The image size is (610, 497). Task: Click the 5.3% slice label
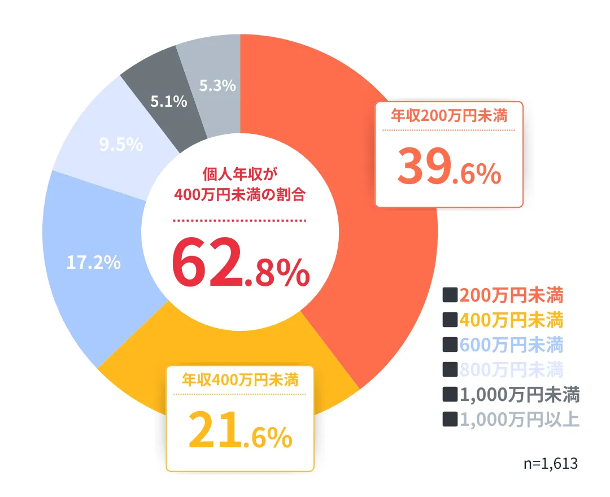(217, 86)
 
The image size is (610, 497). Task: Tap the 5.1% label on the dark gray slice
(168, 102)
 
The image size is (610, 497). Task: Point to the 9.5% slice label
(121, 145)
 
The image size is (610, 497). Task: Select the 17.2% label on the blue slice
(94, 262)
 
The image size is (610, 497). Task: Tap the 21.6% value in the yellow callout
(240, 432)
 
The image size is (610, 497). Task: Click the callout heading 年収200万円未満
(449, 116)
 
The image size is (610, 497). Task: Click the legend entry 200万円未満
(511, 295)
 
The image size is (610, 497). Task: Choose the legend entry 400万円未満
(511, 320)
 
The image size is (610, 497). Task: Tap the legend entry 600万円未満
(511, 345)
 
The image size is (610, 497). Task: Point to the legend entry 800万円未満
(511, 369)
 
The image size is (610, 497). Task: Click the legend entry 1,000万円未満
(519, 394)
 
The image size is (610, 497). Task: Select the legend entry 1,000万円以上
(519, 419)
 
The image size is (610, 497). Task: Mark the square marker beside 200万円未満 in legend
(450, 295)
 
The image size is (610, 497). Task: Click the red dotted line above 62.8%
(239, 220)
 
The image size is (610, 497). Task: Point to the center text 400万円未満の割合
(241, 195)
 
